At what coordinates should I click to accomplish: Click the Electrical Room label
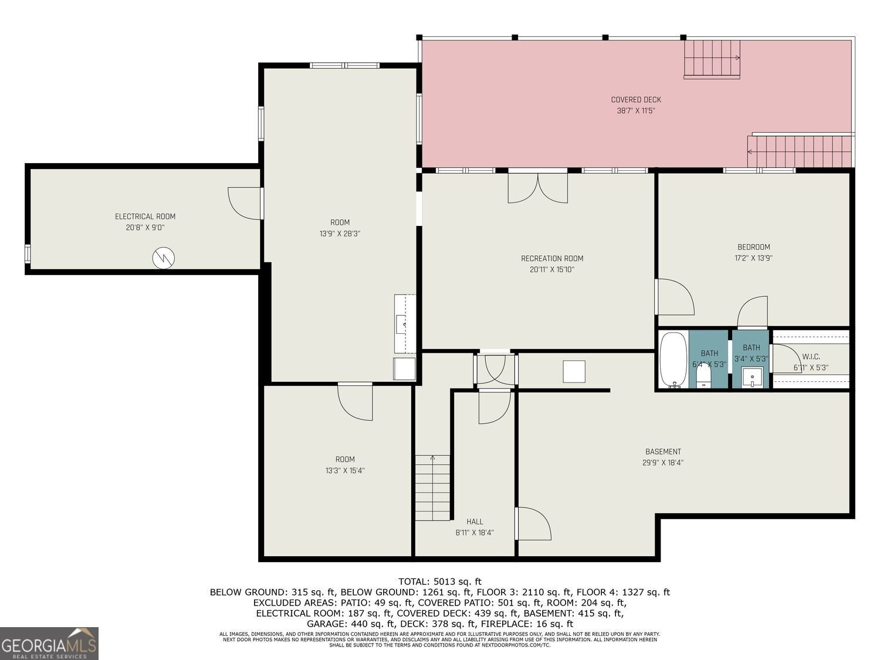click(145, 216)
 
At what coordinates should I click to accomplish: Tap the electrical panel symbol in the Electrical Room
click(164, 258)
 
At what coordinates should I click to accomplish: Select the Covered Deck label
click(635, 100)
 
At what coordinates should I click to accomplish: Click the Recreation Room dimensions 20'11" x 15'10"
click(552, 270)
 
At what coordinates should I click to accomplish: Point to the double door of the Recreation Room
click(537, 187)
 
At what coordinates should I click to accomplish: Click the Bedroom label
click(753, 247)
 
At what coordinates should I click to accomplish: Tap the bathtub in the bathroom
click(673, 360)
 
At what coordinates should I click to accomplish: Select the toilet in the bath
click(703, 376)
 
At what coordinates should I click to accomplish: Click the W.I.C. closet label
click(811, 357)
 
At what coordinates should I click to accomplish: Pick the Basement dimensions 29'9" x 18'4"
click(663, 462)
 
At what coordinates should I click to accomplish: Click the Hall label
click(475, 522)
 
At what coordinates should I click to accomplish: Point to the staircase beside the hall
click(432, 488)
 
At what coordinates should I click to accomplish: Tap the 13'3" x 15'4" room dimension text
click(345, 471)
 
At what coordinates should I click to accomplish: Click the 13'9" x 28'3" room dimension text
click(340, 233)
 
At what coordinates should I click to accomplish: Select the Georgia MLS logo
click(49, 643)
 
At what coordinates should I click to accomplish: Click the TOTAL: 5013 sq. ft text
click(439, 581)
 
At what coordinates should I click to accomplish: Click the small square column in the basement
click(574, 372)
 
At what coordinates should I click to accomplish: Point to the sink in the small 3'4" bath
click(752, 377)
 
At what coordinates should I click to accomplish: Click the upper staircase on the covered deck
click(712, 59)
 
